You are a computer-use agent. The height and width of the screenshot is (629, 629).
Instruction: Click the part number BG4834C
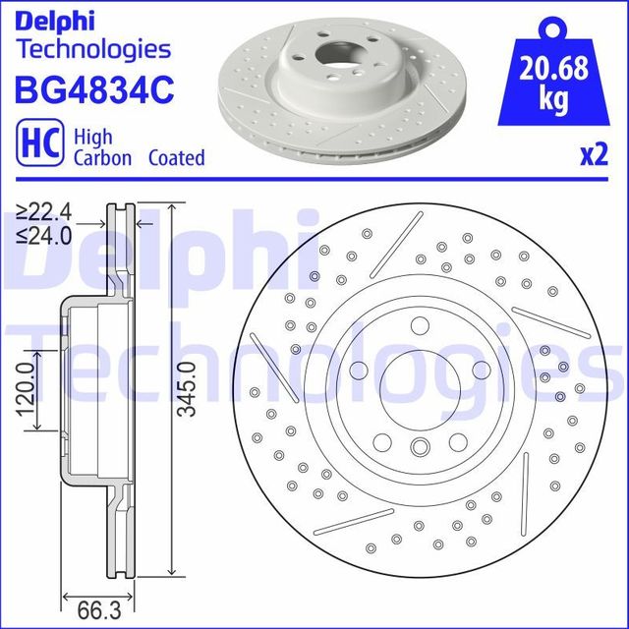[x=93, y=90]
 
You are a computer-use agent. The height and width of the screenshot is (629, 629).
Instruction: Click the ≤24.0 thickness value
[x=44, y=236]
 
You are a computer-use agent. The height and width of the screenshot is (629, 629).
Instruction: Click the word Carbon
[x=100, y=157]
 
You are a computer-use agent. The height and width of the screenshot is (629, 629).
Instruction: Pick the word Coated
[x=176, y=157]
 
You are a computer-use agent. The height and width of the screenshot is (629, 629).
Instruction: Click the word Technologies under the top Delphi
[x=94, y=48]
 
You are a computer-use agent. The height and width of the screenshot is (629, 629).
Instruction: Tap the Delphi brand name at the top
[x=54, y=18]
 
